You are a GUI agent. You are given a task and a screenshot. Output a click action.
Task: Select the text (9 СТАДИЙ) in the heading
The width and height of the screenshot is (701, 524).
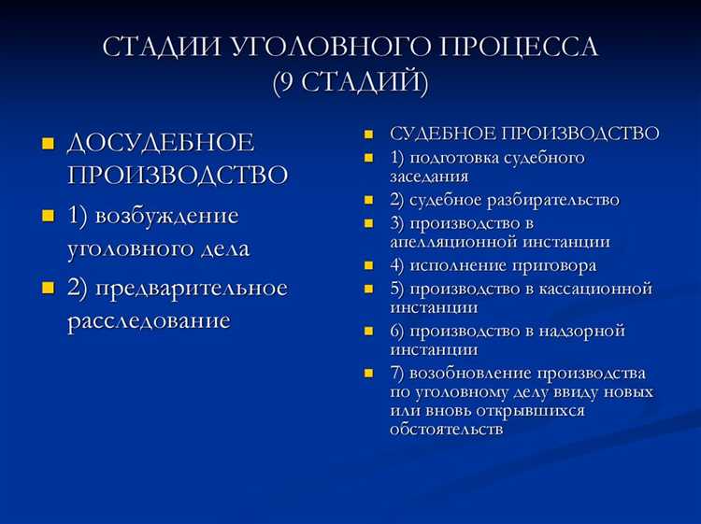pyautogui.click(x=350, y=82)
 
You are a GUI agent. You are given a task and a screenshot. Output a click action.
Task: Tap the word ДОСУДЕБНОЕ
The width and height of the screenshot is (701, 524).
pyautogui.click(x=161, y=144)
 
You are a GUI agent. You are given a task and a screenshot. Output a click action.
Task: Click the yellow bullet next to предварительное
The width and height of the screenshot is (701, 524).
pyautogui.click(x=48, y=289)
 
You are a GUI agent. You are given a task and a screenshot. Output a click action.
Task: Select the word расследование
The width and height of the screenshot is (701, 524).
pyautogui.click(x=149, y=321)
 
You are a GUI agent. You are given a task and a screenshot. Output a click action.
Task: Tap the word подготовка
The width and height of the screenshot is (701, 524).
pyautogui.click(x=459, y=158)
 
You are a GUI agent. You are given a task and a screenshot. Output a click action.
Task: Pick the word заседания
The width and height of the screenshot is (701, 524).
pyautogui.click(x=429, y=176)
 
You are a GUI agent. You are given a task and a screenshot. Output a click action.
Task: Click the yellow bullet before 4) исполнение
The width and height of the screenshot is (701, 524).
pyautogui.click(x=370, y=266)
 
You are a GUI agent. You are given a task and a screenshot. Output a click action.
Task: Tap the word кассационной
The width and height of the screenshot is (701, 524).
pyautogui.click(x=592, y=289)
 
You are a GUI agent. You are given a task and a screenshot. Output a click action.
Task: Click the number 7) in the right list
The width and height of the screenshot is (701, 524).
pyautogui.click(x=399, y=372)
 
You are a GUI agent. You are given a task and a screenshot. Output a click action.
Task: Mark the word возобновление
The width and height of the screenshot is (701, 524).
pyautogui.click(x=467, y=372)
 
